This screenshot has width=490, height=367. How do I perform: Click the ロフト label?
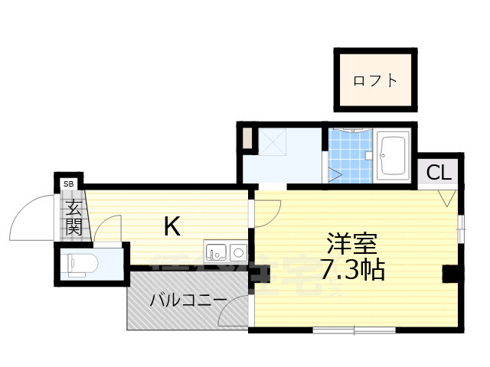click(375, 80)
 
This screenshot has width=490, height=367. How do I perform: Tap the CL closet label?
click(439, 173)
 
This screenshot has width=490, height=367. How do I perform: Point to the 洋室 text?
click(351, 245)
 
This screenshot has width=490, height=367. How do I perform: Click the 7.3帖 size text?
click(352, 269)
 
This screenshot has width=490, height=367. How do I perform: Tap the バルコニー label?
click(188, 300)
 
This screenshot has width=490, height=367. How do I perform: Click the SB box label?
click(69, 183)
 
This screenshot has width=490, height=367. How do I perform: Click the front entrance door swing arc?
click(32, 218)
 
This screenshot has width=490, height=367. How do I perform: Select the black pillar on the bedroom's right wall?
click(452, 273)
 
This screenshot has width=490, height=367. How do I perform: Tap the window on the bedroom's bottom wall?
click(354, 330)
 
